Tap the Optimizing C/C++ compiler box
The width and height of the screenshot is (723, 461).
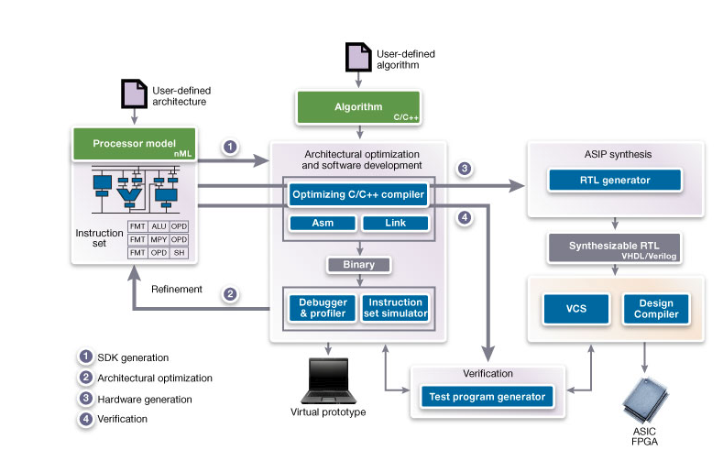click(x=358, y=195)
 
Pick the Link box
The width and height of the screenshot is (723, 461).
click(x=395, y=224)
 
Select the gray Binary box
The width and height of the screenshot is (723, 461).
click(x=358, y=265)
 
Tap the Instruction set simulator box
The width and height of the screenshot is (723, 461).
click(x=395, y=308)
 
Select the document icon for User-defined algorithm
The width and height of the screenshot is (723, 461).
click(x=356, y=57)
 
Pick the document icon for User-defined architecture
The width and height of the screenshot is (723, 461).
click(x=134, y=94)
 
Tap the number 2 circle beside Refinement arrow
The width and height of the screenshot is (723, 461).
click(x=231, y=295)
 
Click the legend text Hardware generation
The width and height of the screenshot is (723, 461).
click(x=144, y=399)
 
